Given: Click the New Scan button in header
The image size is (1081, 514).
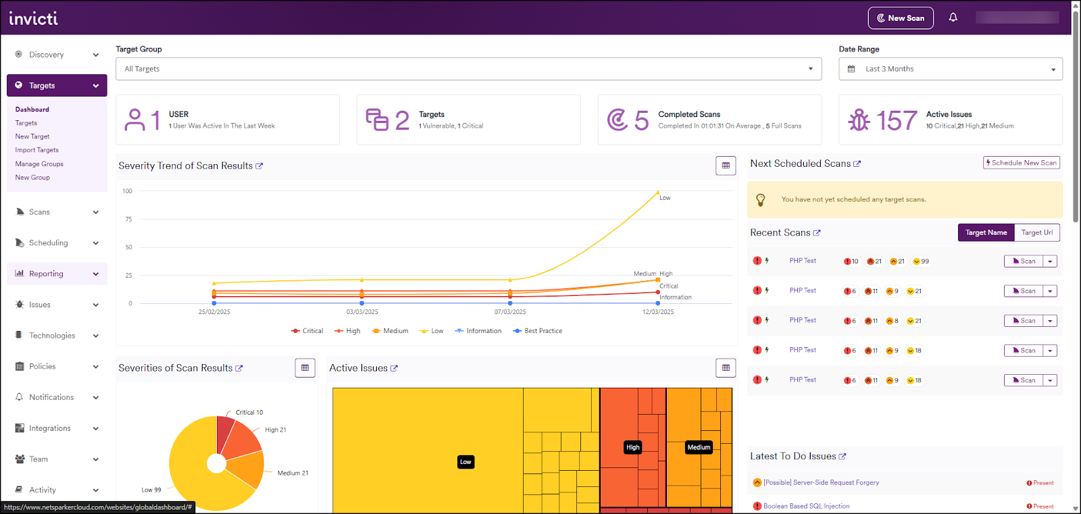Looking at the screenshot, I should (x=900, y=18).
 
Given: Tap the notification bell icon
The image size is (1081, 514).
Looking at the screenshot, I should (x=953, y=18).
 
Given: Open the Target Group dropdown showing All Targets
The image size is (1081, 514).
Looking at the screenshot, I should (x=468, y=69).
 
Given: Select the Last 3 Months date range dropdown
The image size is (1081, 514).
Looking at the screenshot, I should (x=950, y=69).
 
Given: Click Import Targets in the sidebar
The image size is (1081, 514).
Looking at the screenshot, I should (x=37, y=150).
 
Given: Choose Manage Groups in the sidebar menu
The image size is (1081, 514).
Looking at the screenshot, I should (x=39, y=164).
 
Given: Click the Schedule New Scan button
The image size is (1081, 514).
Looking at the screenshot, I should (x=1021, y=163).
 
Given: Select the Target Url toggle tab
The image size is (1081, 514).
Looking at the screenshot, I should (x=1036, y=232).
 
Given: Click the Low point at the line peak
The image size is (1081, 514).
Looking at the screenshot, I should (x=658, y=192).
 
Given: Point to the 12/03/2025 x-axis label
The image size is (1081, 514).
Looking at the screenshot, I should (x=657, y=312).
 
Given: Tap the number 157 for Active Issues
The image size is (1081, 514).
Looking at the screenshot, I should (x=897, y=121).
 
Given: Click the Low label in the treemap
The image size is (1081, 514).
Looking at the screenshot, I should (x=466, y=462).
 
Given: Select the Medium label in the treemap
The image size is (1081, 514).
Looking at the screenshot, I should (x=699, y=447).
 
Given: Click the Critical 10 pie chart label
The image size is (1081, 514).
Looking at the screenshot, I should (x=249, y=412).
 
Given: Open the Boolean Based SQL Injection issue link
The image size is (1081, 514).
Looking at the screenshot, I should (x=806, y=506).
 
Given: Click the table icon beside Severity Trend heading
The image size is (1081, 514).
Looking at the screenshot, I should (x=726, y=165).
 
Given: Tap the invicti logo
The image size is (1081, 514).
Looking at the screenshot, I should (x=34, y=18).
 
